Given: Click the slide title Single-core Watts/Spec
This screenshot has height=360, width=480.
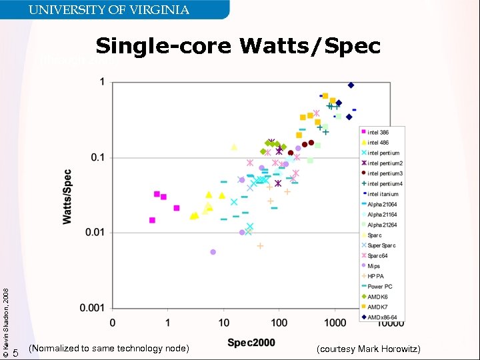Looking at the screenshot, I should click(238, 46).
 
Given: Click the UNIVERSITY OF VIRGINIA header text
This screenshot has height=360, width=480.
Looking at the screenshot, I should click(109, 9).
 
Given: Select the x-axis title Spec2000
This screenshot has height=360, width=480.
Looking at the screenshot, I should click(251, 343).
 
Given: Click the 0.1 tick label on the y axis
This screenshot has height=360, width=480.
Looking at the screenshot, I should click(99, 157).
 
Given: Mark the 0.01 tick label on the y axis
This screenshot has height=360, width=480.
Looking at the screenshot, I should click(95, 233).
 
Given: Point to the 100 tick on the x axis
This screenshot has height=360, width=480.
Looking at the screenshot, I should click(279, 323).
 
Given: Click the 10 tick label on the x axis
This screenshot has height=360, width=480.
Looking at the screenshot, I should click(224, 323).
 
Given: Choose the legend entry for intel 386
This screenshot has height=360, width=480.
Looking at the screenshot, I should click(378, 133).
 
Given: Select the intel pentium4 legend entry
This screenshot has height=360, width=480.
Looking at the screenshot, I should click(385, 183).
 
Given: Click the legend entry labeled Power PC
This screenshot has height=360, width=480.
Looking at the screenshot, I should click(379, 286).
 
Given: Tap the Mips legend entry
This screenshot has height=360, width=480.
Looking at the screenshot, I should click(374, 266).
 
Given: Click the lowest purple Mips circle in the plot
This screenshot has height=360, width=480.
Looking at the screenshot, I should click(213, 252).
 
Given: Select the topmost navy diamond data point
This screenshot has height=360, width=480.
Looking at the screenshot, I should click(351, 85).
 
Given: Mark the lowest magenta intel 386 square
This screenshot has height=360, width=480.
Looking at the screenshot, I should click(152, 220).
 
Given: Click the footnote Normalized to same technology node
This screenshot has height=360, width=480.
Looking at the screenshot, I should click(109, 349).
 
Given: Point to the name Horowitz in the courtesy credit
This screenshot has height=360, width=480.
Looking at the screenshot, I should click(399, 349).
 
